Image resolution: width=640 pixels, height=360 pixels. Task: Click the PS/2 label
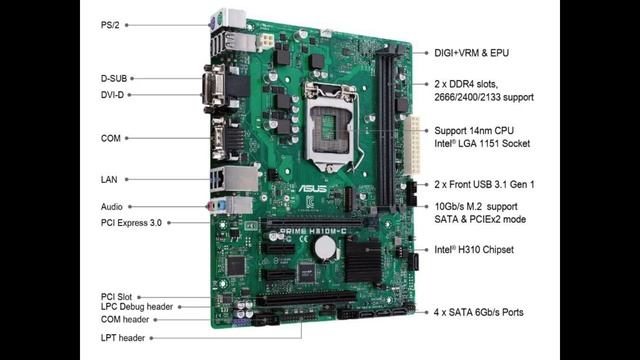110,25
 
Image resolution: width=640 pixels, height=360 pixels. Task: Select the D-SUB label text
114,78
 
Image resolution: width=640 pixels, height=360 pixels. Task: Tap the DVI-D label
112,95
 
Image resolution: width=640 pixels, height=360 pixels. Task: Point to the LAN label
109,179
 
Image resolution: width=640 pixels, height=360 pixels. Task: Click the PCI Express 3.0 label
131,223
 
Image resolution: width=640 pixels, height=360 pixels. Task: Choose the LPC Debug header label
137,307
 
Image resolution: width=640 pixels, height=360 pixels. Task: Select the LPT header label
122,338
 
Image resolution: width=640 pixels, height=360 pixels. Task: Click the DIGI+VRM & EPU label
471,53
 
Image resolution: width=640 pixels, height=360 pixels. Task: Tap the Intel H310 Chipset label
474,249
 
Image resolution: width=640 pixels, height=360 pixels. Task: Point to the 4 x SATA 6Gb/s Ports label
478,312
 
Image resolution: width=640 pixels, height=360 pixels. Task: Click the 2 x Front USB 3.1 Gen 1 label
484,184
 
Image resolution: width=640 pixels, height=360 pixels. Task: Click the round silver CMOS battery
325,248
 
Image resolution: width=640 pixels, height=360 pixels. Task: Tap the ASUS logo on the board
312,189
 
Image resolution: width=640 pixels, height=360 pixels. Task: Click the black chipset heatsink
363,261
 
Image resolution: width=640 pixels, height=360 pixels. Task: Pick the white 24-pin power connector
412,145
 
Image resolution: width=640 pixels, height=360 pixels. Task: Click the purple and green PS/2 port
216,21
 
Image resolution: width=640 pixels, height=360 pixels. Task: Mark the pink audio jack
212,207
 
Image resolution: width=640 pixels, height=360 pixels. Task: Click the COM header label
124,320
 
